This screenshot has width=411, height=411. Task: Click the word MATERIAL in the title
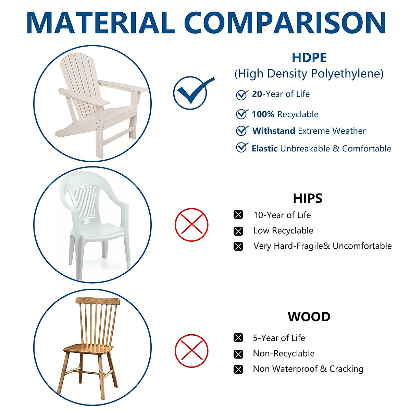pos(101,23)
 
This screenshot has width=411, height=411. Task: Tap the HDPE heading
pos(309,58)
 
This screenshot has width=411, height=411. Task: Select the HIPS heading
pos(308,198)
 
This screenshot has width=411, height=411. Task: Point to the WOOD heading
pos(309,316)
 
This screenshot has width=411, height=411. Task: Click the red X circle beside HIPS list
pos(191,225)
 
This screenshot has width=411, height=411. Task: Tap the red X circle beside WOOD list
pos(191,351)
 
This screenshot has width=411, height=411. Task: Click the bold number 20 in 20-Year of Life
pos(257,94)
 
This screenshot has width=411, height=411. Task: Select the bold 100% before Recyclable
pos(263,114)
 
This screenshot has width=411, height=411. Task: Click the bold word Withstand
pos(274,131)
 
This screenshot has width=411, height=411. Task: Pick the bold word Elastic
pos(265,148)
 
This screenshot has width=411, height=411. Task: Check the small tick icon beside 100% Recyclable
pos(242,114)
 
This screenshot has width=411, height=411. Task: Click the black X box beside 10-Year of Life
pos(238,214)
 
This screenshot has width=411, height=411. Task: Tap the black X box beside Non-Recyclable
pos(238,354)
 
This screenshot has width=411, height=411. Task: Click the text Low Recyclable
pos(283,231)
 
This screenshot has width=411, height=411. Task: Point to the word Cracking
pos(346,369)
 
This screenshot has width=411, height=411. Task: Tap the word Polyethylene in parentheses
pos(347,74)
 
